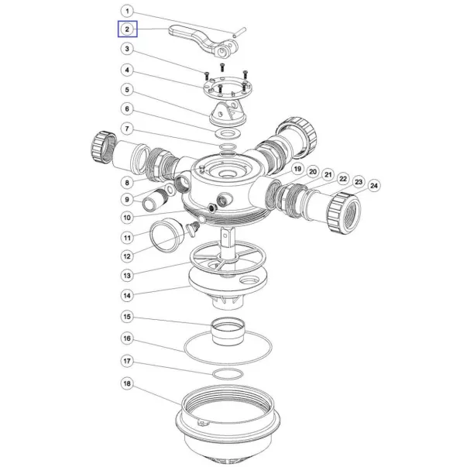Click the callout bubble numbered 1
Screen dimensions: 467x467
[127, 12]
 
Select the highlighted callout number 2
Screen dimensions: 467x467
[127, 29]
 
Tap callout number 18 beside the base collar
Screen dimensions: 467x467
[127, 383]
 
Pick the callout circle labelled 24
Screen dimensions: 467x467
[374, 186]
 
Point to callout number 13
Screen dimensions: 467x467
[127, 276]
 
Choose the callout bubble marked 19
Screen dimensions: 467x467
[297, 169]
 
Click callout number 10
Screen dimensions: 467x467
[127, 218]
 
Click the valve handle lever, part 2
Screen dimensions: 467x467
[204, 42]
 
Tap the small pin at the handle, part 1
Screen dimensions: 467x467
[239, 33]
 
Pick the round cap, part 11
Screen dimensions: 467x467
[167, 235]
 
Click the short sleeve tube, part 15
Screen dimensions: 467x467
[228, 331]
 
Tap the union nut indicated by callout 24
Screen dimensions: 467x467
[344, 211]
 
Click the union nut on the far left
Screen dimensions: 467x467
[103, 147]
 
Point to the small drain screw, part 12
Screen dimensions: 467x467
[192, 229]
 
